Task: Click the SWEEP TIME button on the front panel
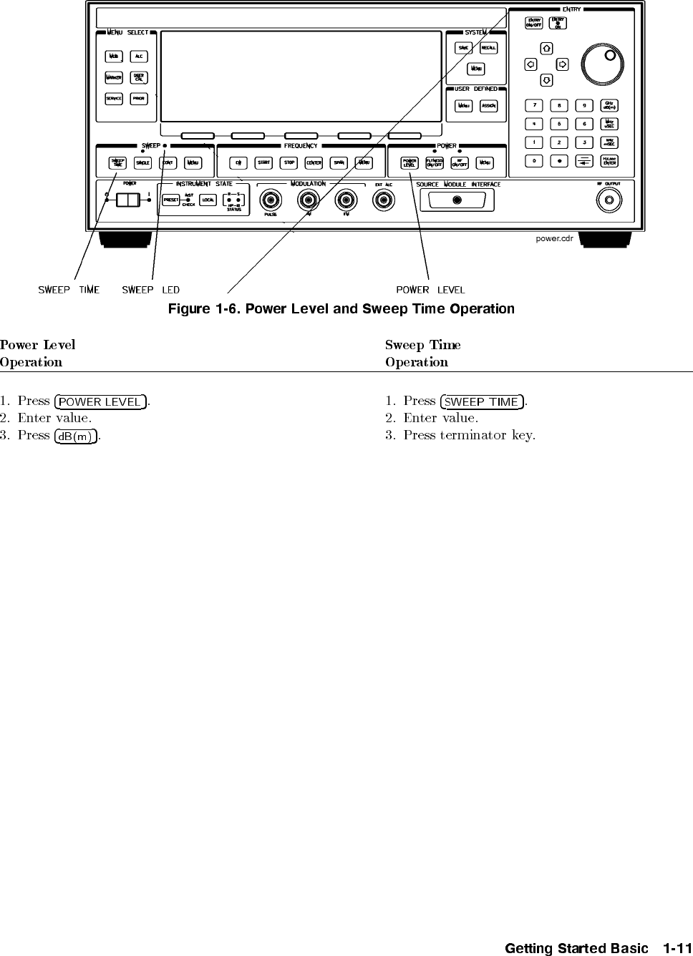pyautogui.click(x=117, y=163)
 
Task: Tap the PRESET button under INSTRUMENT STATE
pyautogui.click(x=170, y=200)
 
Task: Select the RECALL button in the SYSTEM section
pyautogui.click(x=489, y=48)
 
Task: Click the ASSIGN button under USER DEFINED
pyautogui.click(x=488, y=106)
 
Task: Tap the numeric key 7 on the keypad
pyautogui.click(x=534, y=105)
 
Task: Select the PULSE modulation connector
pyautogui.click(x=270, y=200)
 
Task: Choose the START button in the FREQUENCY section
pyautogui.click(x=264, y=163)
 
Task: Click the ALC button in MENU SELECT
pyautogui.click(x=139, y=56)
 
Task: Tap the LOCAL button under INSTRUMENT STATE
pyautogui.click(x=208, y=200)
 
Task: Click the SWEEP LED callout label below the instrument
pyautogui.click(x=150, y=290)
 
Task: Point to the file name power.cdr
pyautogui.click(x=554, y=238)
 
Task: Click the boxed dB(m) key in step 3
pyautogui.click(x=75, y=436)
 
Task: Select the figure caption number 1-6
pyautogui.click(x=227, y=309)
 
